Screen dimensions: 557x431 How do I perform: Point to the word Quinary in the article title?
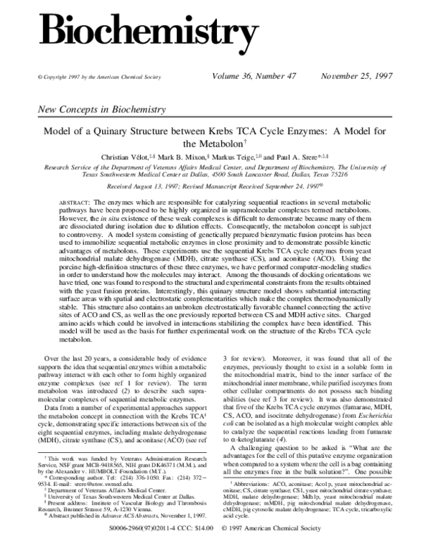[x=144, y=131]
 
